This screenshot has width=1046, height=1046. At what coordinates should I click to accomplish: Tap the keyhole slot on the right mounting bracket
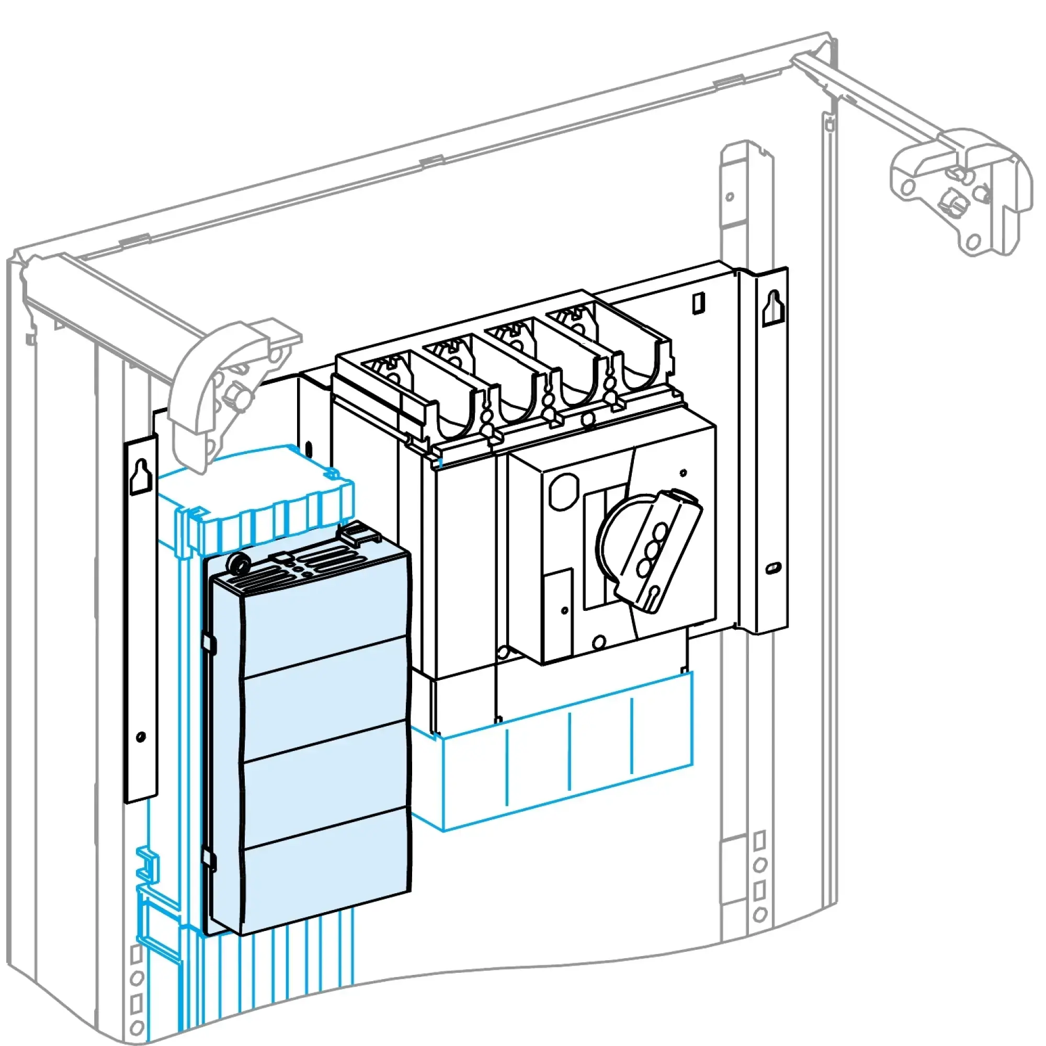tap(774, 308)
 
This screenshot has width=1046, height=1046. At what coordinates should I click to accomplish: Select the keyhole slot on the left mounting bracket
tap(140, 476)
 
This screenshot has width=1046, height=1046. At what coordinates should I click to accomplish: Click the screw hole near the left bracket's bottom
tap(141, 737)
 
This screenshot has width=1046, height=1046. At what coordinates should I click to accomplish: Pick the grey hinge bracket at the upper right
tap(958, 189)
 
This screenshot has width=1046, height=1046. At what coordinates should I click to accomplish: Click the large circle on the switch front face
tap(564, 491)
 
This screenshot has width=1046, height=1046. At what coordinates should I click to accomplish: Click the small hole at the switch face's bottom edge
tap(599, 643)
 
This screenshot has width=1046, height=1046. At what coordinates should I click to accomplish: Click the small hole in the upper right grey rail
tap(730, 197)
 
